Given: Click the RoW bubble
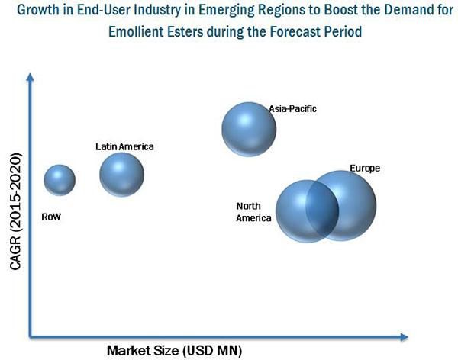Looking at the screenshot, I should pyautogui.click(x=60, y=180).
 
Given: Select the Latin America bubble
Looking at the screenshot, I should pyautogui.click(x=121, y=175).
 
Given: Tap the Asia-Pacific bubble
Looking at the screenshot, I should pyautogui.click(x=249, y=129).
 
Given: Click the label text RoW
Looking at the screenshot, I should pyautogui.click(x=52, y=217).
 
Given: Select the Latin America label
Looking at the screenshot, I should pyautogui.click(x=124, y=146).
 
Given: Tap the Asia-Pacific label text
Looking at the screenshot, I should pyautogui.click(x=292, y=109).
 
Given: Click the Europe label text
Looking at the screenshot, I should pyautogui.click(x=364, y=168).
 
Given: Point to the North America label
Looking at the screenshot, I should pyautogui.click(x=253, y=212).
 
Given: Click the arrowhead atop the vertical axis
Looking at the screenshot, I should pyautogui.click(x=31, y=76).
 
